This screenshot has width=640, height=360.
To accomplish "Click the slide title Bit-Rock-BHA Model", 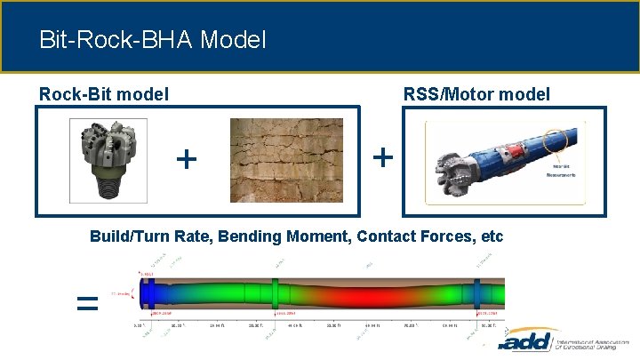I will [152, 40].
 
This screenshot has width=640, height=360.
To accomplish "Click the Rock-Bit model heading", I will [103, 93].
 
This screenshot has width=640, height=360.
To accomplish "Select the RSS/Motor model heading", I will [476, 93].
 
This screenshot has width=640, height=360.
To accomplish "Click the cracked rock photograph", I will [286, 160].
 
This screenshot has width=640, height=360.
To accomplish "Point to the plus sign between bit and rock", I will [186, 159].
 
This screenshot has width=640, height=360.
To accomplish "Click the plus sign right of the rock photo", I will [382, 157].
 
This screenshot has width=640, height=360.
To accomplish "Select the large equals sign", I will [86, 304].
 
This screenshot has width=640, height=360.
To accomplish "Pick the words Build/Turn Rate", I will [156, 236].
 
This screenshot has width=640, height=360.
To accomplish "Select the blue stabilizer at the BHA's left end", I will [150, 293].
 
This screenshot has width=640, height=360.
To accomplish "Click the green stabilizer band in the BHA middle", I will [276, 294].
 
